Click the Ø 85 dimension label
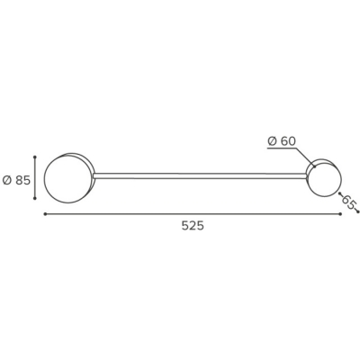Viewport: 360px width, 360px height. click(x=16, y=180)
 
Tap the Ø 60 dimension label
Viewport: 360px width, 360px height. click(x=282, y=141)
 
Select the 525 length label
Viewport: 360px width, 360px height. click(x=193, y=226)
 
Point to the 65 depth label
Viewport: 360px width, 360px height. click(x=349, y=202)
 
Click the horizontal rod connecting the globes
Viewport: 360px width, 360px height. click(x=199, y=176)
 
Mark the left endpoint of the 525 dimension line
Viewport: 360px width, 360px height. click(x=45, y=214)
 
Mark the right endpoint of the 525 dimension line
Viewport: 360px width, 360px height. click(x=340, y=214)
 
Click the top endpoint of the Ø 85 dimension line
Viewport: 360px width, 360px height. click(x=35, y=157)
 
